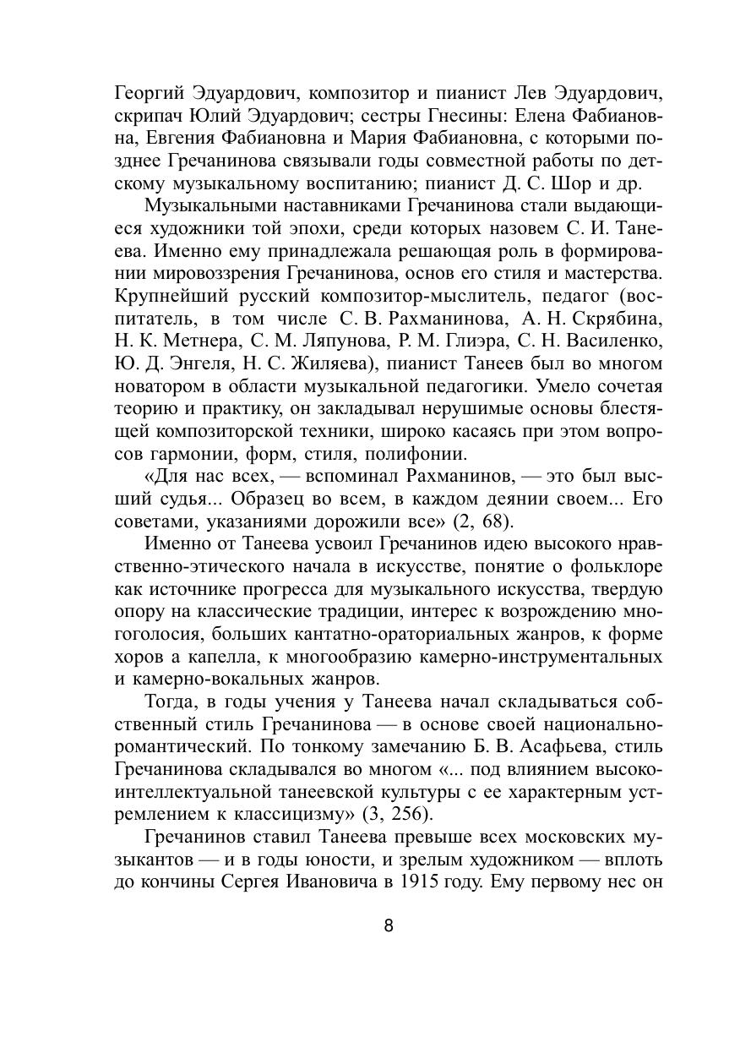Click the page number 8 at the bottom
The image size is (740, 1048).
389,924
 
